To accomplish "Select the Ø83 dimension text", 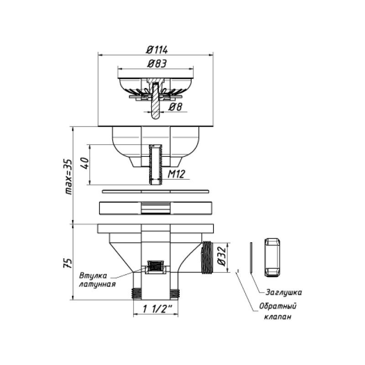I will [156, 64].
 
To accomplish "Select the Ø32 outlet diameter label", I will [221, 257].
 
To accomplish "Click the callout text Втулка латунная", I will [96, 280].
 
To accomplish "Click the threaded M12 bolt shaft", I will [156, 164].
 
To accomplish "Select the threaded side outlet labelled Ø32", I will [208, 258].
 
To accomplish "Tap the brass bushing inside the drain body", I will [156, 266].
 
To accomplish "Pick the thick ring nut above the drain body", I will [156, 208].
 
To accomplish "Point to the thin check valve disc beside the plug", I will [251, 258].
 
